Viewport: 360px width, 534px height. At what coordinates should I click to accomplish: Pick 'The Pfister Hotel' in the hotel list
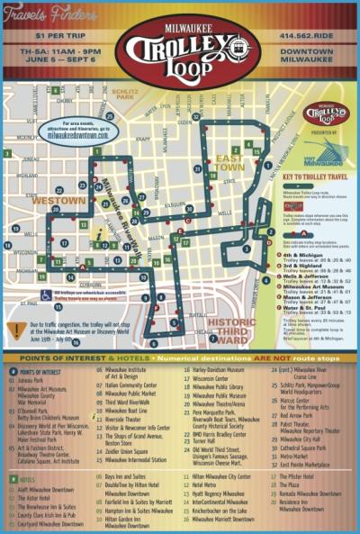[292, 475]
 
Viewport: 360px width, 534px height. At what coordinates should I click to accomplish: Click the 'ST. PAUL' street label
[33, 316]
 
